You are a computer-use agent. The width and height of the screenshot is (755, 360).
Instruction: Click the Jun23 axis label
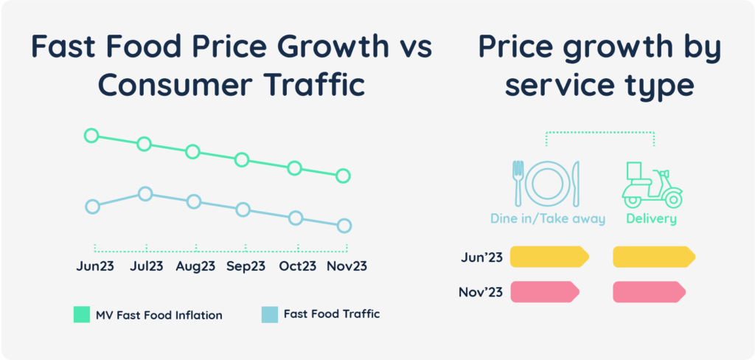95,266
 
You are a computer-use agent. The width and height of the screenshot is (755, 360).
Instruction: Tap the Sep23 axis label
246,266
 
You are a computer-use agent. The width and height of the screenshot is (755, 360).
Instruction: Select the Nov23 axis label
347,266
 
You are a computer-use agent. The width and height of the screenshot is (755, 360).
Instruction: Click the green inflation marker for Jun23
91,135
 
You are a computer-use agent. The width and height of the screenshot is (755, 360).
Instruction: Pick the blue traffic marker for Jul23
145,194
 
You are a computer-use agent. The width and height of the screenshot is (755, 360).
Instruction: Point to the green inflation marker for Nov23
343,176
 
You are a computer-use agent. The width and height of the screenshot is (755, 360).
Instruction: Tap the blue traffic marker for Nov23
344,226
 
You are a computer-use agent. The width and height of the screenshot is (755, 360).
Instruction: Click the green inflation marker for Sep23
242,160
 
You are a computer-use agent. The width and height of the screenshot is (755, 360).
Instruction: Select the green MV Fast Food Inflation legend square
81,315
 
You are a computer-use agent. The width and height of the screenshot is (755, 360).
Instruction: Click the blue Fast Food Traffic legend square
270,315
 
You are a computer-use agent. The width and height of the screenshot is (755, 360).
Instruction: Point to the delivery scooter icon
651,185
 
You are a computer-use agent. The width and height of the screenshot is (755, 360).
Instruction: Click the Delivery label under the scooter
651,219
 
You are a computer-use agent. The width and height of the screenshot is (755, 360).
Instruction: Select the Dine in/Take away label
548,219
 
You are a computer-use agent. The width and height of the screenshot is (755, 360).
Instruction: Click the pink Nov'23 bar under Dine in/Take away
545,292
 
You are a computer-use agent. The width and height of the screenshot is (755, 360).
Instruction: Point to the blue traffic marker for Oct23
296,218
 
